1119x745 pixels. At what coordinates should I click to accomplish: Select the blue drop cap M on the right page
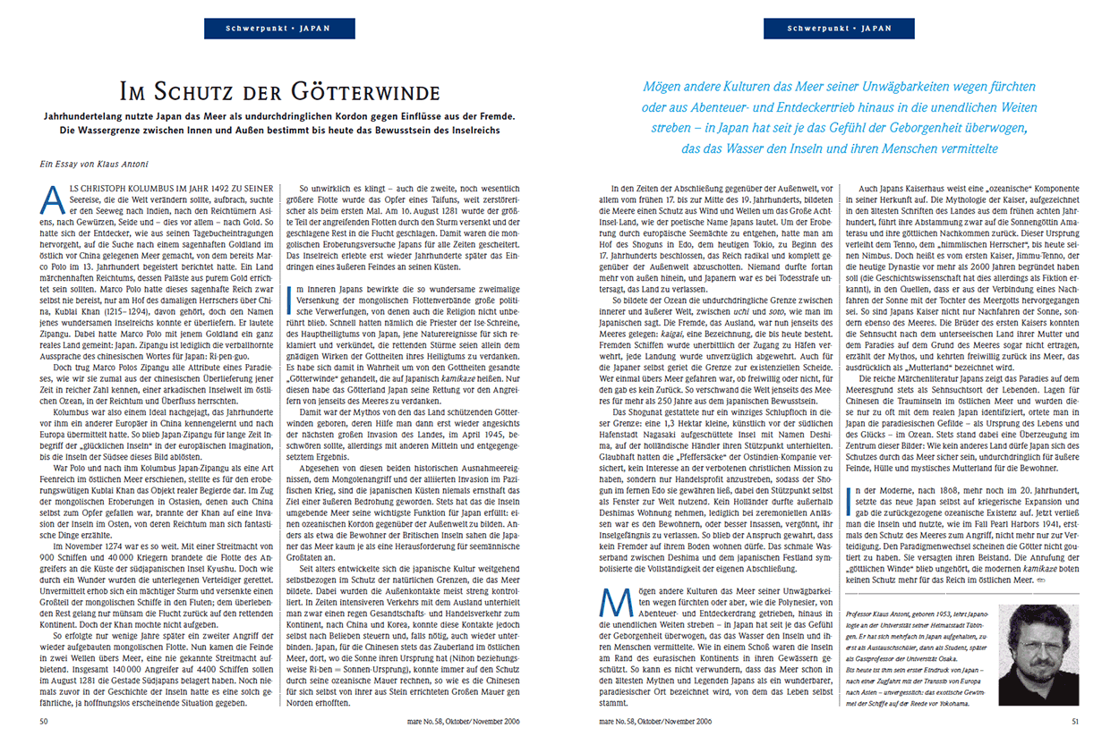click(610, 609)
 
